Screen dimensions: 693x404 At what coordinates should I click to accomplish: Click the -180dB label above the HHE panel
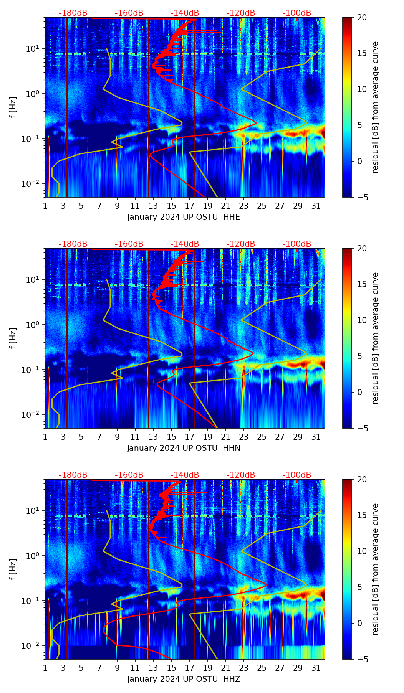(73, 13)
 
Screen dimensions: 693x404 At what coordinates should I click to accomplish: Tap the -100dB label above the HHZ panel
(297, 475)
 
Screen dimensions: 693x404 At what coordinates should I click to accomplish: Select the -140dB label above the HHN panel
(185, 244)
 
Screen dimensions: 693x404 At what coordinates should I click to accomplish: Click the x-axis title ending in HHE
(184, 217)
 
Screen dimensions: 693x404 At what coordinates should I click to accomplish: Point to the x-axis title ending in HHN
(184, 448)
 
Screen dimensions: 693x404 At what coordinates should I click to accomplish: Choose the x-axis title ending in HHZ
(184, 679)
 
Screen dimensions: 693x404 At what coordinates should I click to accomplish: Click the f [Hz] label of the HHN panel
(13, 338)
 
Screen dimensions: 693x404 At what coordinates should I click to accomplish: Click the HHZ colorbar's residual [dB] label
(375, 569)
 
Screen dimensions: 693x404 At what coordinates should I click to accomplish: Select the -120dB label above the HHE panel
(241, 13)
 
